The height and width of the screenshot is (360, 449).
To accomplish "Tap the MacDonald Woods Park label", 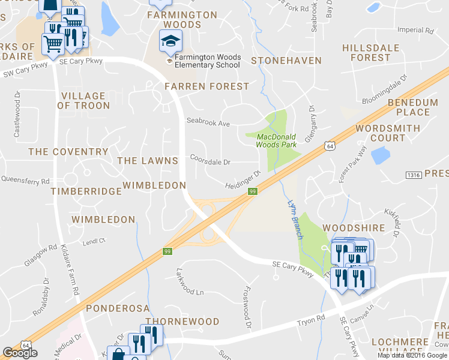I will click(x=276, y=140).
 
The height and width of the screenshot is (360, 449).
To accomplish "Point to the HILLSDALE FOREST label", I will click(x=366, y=53).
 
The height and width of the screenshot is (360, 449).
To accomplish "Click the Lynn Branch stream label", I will click(x=294, y=220).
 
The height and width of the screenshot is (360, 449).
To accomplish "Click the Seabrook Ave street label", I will click(x=208, y=123).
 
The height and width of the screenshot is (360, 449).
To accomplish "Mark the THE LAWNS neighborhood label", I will click(x=148, y=161).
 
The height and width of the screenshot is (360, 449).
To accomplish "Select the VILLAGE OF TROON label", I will click(x=83, y=101).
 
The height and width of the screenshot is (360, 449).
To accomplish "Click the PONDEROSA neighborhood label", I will click(x=117, y=308).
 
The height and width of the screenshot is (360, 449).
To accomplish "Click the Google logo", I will click(x=20, y=353).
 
